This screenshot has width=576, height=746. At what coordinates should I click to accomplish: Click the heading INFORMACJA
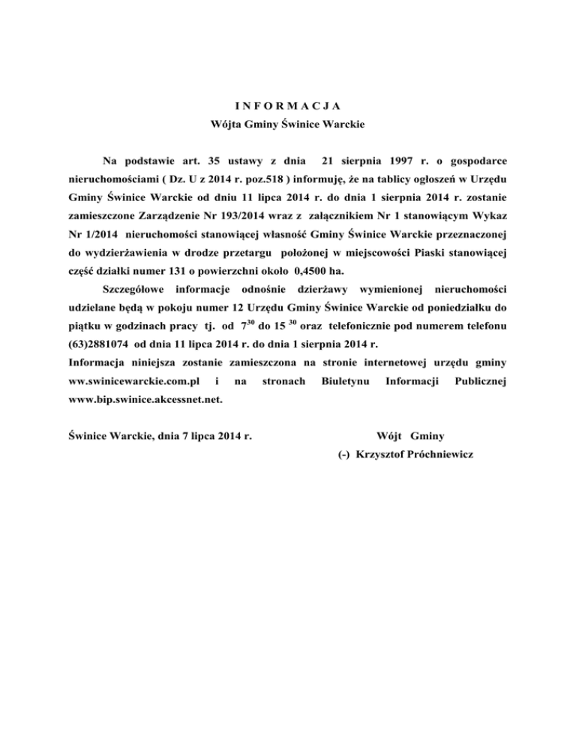[287, 104]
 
